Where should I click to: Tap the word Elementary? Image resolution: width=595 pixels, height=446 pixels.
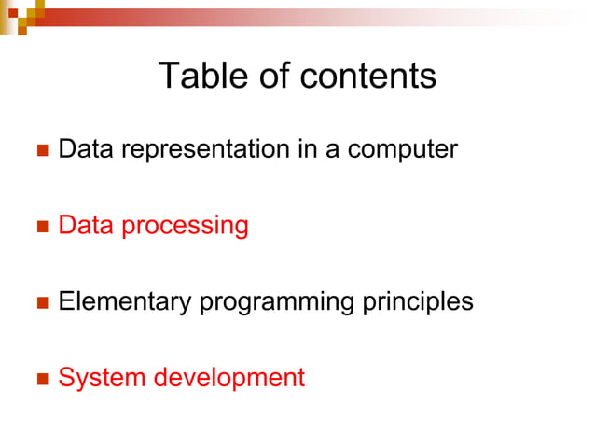(125, 302)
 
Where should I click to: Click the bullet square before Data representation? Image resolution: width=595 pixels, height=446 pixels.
(41, 150)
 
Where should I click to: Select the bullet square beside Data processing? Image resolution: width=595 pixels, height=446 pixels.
(41, 227)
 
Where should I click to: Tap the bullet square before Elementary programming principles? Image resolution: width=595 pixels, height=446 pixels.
(41, 303)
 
